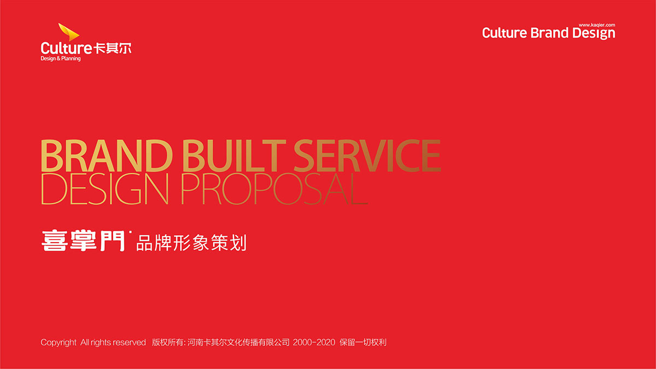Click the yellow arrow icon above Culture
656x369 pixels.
(x=68, y=32)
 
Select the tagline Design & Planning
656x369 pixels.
(x=61, y=58)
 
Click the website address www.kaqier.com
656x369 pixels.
(x=597, y=25)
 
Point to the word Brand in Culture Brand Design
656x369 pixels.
(x=549, y=33)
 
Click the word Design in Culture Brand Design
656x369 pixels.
(x=594, y=33)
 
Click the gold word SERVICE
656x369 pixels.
(x=367, y=155)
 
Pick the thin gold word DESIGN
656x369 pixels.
(x=105, y=189)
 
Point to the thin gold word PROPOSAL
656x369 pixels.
(x=274, y=189)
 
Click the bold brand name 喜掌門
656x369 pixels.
(x=83, y=241)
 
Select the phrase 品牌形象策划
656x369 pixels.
(x=191, y=243)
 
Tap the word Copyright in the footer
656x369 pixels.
(x=58, y=342)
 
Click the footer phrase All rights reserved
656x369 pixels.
(x=113, y=342)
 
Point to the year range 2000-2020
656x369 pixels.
(x=314, y=342)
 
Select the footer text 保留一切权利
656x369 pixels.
(x=363, y=342)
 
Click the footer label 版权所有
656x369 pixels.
(x=168, y=342)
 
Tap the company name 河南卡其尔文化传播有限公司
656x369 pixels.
(x=238, y=342)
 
